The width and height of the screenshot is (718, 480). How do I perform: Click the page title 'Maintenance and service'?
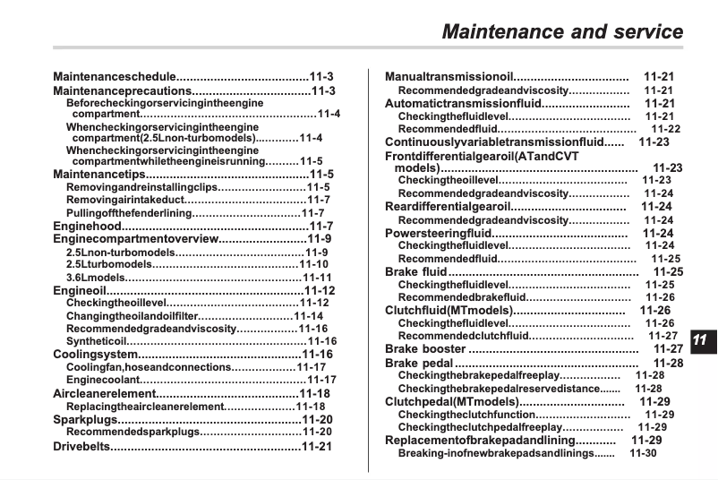coord(562,32)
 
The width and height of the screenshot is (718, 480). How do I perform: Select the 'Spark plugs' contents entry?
coord(85,419)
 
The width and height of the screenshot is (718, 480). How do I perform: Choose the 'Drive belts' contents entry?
coord(80,446)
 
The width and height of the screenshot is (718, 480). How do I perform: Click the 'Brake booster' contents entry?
coord(425,349)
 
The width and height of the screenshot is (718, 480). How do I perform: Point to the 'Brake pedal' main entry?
coord(419,364)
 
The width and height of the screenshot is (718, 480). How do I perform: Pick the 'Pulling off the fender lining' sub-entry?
coord(129,213)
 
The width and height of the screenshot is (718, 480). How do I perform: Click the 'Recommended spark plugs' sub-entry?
coord(132,432)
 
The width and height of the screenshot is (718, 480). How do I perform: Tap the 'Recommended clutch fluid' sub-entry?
coord(462,336)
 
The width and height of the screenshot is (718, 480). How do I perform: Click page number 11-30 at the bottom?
coord(643,453)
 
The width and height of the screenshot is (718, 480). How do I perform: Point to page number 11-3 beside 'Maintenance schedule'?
coord(321,77)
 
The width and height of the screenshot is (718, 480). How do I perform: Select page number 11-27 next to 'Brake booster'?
coord(668,349)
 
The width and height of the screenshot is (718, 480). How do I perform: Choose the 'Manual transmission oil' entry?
coord(449,77)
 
